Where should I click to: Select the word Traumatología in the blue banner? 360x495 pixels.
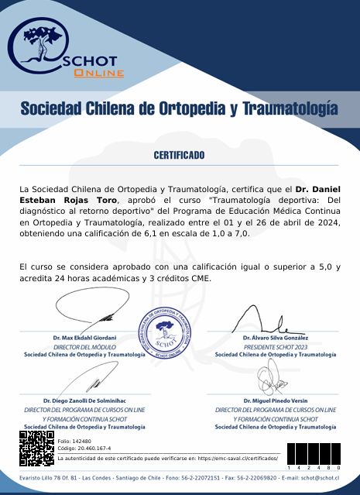coord(290,108)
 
